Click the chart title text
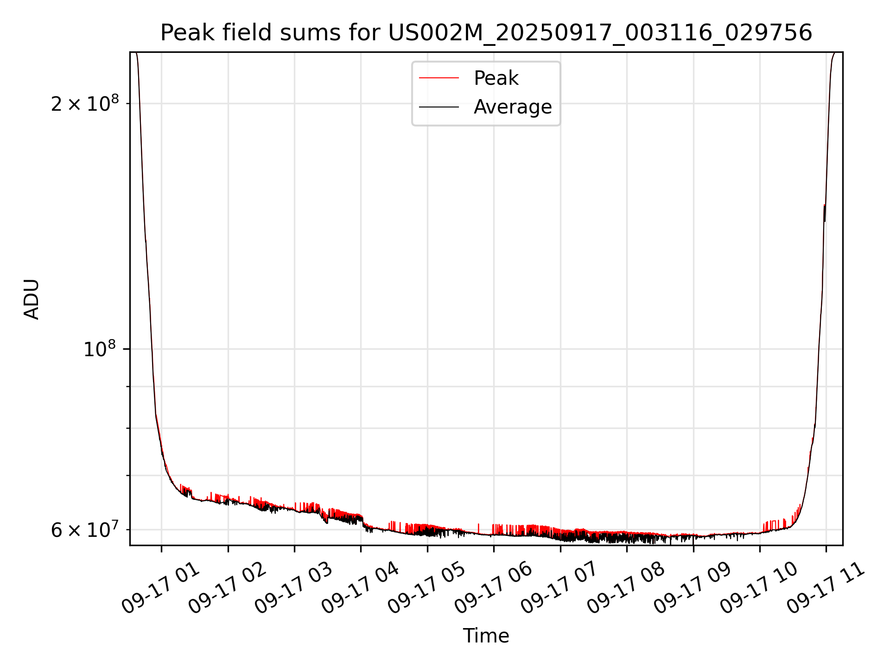point(486,33)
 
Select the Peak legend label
point(496,78)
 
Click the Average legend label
point(512,107)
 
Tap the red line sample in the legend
point(439,78)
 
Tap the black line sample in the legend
point(439,107)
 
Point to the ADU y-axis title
point(32,299)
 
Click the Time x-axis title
point(486,636)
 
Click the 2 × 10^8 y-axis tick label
point(84,104)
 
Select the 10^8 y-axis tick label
point(99,349)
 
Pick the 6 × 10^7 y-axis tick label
point(84,530)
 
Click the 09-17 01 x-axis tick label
point(160,589)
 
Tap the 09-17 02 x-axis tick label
point(227,589)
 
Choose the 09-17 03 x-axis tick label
point(293,589)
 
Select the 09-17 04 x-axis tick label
point(360,589)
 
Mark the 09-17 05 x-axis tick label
point(426,589)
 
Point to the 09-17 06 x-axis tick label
point(493,589)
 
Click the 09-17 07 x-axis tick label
point(559,589)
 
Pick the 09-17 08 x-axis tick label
point(626,589)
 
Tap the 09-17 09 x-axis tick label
point(693,589)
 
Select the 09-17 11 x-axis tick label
point(826,589)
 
